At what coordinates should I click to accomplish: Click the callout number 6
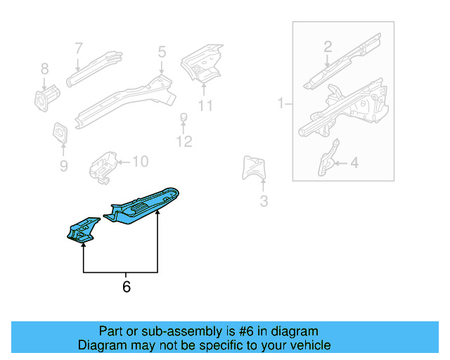click(126, 286)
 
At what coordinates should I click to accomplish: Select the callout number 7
click(79, 49)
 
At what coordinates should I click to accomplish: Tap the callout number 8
click(44, 69)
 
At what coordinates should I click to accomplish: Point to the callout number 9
click(63, 166)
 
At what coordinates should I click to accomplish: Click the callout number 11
click(205, 106)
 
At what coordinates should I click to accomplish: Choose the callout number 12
click(184, 143)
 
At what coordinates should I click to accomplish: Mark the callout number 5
click(162, 51)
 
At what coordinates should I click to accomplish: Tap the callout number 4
click(354, 163)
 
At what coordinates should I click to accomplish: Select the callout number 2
click(328, 47)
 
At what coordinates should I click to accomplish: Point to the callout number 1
click(281, 104)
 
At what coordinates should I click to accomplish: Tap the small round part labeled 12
click(184, 117)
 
